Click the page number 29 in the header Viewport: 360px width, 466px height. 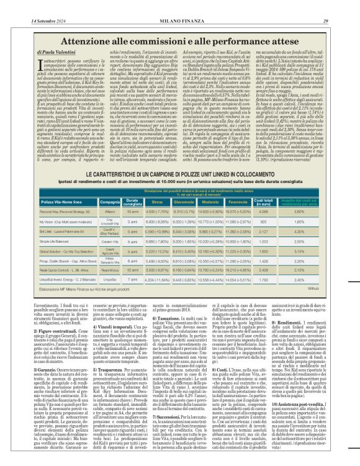tap(343, 5)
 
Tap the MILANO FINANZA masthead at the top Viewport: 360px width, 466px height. tap(180, 5)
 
